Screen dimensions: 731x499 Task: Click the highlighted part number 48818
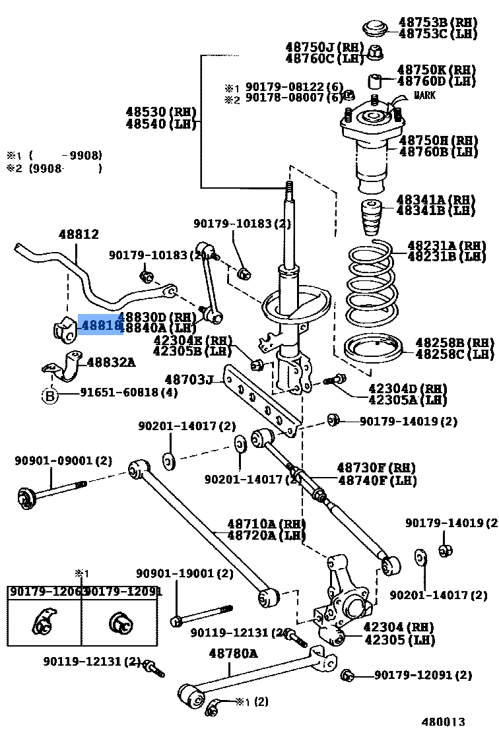(101, 325)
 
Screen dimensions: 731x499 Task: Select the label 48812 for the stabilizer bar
(78, 234)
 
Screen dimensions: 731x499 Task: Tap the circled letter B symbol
(50, 396)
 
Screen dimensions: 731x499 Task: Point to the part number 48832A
(111, 362)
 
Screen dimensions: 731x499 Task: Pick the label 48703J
(189, 379)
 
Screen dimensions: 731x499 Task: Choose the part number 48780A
(233, 654)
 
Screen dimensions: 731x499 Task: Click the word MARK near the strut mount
(424, 96)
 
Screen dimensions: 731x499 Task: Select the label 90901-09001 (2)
(63, 461)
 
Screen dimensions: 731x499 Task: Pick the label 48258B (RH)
(454, 343)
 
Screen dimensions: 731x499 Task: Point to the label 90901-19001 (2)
(185, 574)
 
